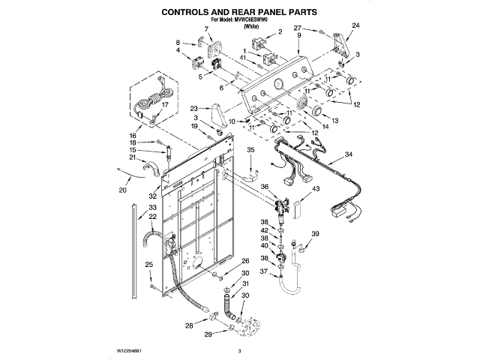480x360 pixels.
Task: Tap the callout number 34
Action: point(348,154)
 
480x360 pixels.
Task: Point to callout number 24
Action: point(356,26)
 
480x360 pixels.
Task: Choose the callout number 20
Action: point(124,190)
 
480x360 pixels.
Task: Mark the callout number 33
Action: point(152,208)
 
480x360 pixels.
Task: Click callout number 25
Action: point(148,264)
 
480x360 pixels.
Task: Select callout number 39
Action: point(316,235)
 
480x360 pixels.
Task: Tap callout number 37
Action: point(264,271)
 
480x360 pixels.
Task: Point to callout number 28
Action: point(188,325)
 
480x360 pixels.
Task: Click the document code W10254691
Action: point(130,350)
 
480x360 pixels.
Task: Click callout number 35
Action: point(252,151)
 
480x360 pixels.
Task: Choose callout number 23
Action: point(193,108)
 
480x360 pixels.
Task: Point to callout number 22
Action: point(152,217)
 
